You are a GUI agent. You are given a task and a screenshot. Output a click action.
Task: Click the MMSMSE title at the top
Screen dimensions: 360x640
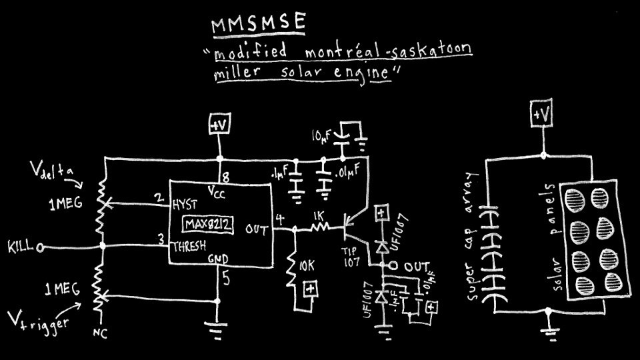point(259,25)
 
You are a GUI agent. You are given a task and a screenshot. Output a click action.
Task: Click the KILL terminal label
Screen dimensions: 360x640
point(21,247)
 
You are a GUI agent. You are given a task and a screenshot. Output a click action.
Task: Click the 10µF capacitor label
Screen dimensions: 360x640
point(321,136)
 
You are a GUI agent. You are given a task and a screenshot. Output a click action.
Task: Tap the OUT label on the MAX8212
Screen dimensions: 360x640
point(257,230)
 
